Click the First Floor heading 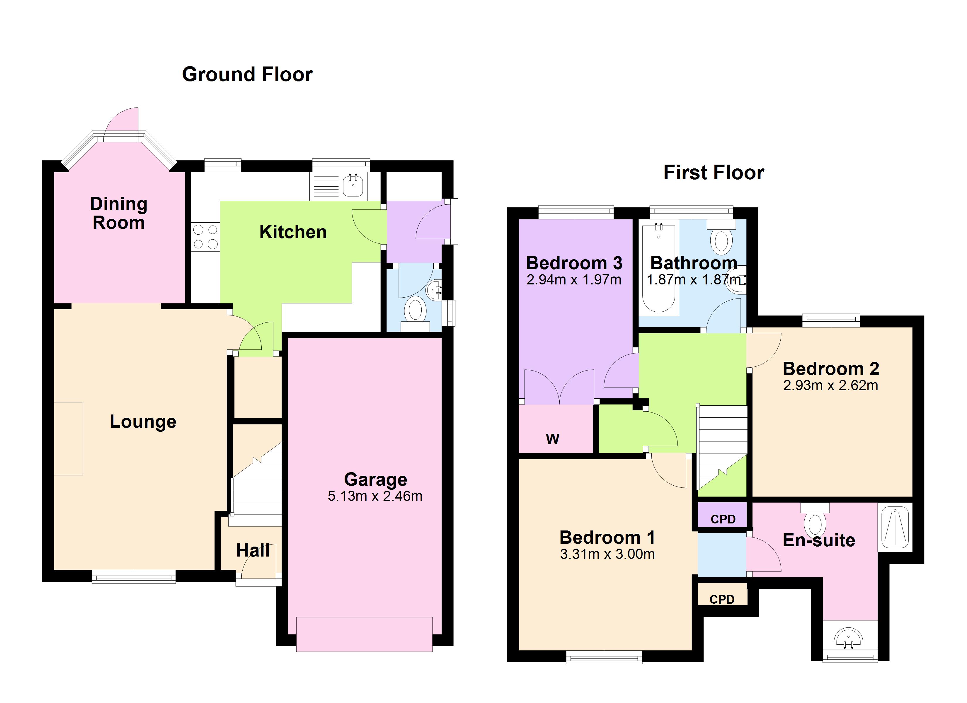point(714,173)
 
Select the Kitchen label point(293,232)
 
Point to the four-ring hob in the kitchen point(205,237)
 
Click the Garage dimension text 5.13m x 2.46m point(375,496)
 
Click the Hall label point(253,550)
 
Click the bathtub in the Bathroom point(659,268)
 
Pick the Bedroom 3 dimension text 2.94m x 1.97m point(574,280)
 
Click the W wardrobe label point(553,439)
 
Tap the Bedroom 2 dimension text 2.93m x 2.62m point(830,385)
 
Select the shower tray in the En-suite point(895,527)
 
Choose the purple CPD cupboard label point(723,519)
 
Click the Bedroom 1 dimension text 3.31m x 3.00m point(607,554)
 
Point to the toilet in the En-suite point(815,520)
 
